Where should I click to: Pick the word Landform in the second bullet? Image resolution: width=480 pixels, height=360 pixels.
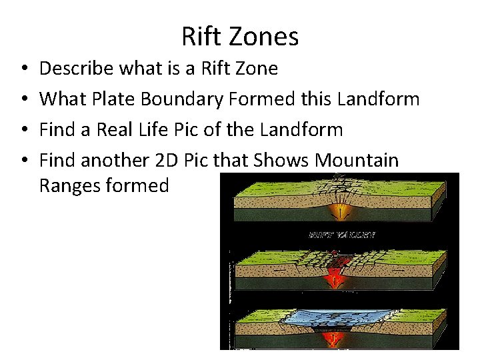point(378,99)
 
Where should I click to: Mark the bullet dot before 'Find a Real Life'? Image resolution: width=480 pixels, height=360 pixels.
point(23,130)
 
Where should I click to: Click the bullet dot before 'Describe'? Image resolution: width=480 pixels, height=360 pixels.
point(23,69)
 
